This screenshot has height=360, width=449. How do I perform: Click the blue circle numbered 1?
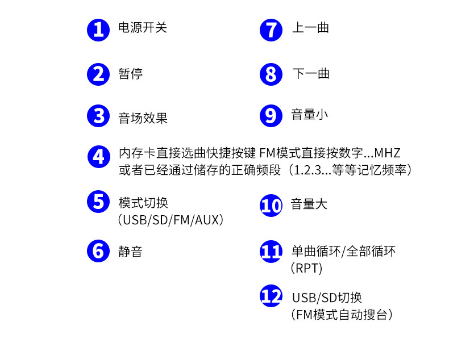98,30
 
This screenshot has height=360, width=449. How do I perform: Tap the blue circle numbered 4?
99,157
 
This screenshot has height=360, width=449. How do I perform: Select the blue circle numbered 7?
271,30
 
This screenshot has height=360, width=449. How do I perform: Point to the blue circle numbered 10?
271,206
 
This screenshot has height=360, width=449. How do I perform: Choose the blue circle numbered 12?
271,296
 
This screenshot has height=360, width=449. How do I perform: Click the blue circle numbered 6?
98,250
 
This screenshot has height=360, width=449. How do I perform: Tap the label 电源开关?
142,28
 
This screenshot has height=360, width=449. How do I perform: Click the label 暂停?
130,74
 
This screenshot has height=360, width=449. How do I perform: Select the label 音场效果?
143,118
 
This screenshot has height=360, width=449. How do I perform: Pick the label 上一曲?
310,28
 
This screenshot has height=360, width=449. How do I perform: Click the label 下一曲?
310,74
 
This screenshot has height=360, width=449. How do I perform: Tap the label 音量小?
310,115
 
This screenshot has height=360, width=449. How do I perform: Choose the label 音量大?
310,204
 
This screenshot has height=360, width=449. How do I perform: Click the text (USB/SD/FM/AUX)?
171,220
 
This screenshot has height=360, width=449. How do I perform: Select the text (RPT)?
306,268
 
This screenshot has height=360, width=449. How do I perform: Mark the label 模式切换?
143,203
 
